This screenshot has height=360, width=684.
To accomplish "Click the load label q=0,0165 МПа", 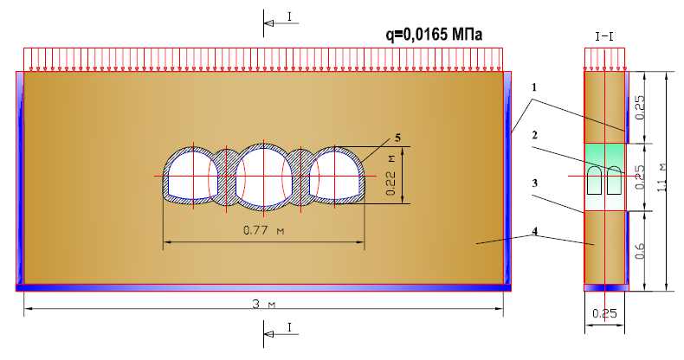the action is tap(435, 34).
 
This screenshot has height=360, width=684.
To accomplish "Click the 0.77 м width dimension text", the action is tap(263, 229).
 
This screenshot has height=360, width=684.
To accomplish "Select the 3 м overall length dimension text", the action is tap(264, 304).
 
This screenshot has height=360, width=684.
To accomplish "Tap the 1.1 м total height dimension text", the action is tap(661, 178).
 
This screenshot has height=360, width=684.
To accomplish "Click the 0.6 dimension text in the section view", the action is tap(640, 252).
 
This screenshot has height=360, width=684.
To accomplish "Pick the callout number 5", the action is tap(397, 138).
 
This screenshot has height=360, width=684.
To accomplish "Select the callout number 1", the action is tap(534, 87).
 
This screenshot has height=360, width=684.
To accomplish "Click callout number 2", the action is tap(535, 136).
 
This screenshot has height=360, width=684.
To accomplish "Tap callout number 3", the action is tap(535, 183).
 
